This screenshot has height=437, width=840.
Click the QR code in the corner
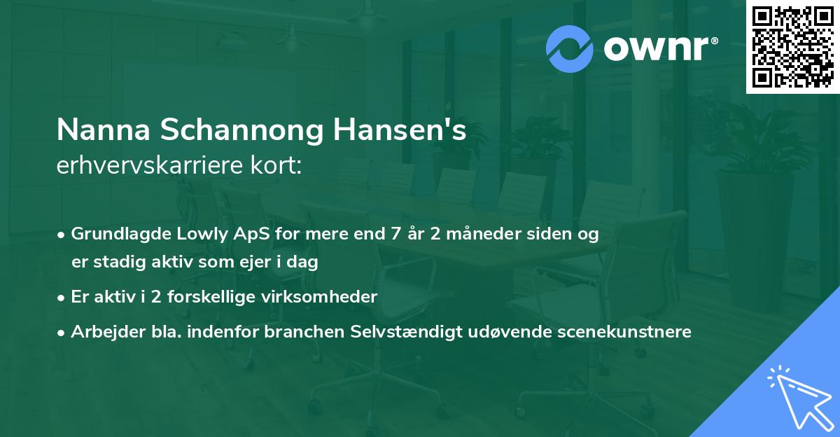pyautogui.click(x=793, y=47)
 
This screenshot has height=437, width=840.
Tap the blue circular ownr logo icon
pyautogui.click(x=570, y=48)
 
